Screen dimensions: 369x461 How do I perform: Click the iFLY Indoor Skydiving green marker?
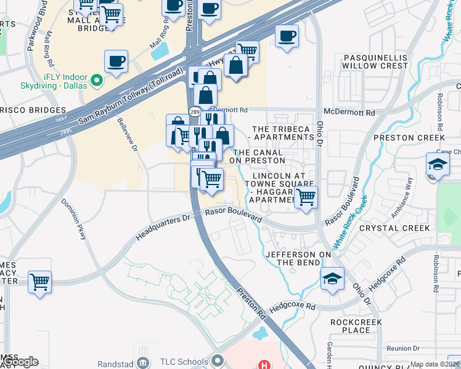tap(96, 80)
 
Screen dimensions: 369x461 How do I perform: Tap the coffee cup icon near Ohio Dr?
tap(287, 36)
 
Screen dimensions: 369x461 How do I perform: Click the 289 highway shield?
tap(194, 112)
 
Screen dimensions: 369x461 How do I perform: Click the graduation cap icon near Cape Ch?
tap(437, 165)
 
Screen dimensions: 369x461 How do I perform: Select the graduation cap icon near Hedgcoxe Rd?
tap(332, 279)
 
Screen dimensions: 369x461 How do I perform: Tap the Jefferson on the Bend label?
tap(293, 258)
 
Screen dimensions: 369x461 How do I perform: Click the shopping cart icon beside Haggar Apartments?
tap(306, 197)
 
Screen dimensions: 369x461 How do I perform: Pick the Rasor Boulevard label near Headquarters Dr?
tap(234, 213)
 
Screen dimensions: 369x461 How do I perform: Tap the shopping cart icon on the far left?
tap(40, 282)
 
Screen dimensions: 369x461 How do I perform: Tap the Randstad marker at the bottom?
tap(144, 362)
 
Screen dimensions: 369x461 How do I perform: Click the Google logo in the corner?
tap(20, 362)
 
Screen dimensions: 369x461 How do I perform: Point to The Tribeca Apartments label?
tap(283, 133)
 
